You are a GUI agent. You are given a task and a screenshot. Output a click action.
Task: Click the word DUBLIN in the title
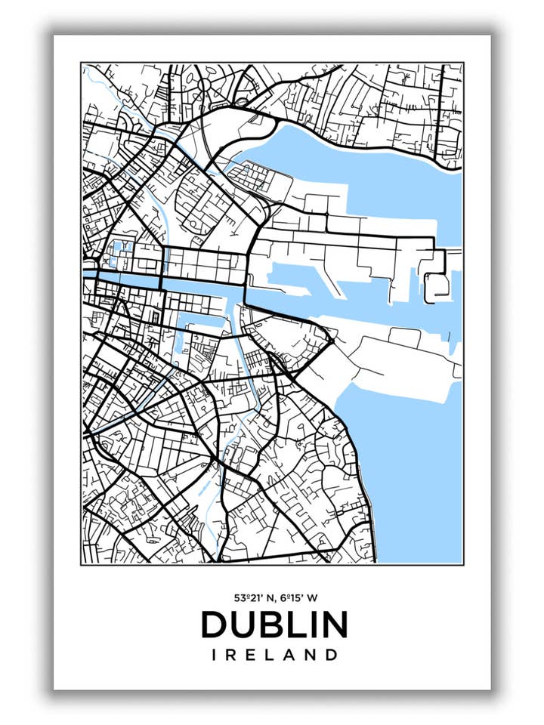coord(274,625)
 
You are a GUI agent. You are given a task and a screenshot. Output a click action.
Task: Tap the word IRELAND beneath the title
coord(274,656)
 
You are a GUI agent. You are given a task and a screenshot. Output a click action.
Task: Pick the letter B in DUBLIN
coord(272,625)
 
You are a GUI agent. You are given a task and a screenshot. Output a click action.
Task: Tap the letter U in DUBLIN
coord(243,625)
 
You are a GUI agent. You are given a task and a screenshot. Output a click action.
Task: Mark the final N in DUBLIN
coord(333,625)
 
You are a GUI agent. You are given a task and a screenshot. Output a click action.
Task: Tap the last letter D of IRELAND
coord(330,656)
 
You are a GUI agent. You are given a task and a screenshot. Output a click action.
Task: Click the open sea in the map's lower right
coord(416,483)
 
